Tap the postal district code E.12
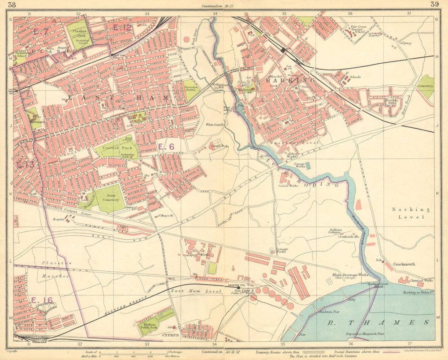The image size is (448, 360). coord(122,28)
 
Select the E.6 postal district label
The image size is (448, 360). coord(166,146)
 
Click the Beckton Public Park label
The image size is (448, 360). coord(148,324)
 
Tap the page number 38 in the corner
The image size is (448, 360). coord(13,4)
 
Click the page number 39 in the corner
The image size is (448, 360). coord(434,4)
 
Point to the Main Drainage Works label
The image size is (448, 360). coord(350,275)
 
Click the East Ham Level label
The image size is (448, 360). coord(196,291)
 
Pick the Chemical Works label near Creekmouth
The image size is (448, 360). coord(424,281)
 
